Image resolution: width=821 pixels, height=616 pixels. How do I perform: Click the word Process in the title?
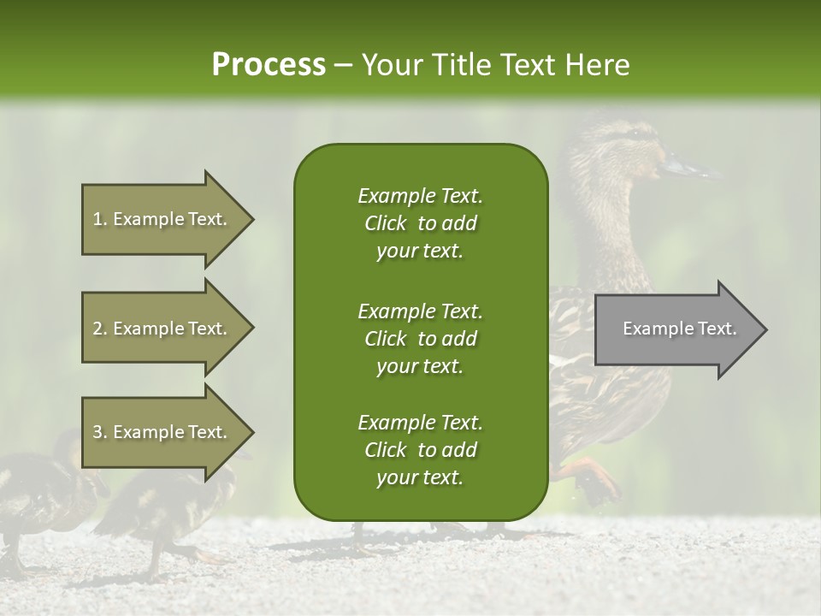269,65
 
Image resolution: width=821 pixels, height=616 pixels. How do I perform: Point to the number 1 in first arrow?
97,220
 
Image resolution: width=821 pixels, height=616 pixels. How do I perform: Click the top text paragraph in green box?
420,223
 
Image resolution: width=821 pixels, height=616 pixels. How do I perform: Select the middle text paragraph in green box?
420,338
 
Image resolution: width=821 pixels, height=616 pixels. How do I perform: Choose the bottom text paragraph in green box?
420,450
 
